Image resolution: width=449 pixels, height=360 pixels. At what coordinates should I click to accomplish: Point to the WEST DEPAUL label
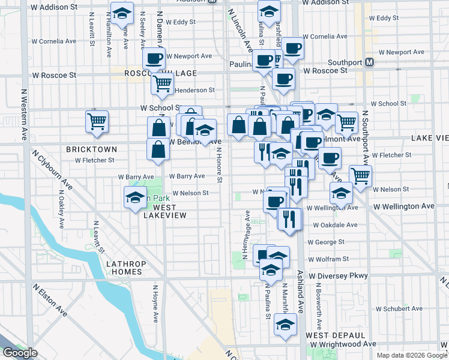(x=335, y=335)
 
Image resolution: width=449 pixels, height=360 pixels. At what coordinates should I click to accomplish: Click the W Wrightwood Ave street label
(x=348, y=344)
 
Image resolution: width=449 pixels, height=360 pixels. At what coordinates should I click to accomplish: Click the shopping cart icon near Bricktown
(x=97, y=121)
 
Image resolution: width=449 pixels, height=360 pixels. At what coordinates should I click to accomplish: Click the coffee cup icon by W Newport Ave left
(x=154, y=59)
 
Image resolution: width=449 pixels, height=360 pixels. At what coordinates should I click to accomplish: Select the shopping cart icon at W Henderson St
(x=161, y=85)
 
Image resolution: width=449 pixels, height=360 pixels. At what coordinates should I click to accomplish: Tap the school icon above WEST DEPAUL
(x=285, y=325)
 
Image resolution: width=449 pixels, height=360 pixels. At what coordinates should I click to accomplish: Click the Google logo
(x=20, y=353)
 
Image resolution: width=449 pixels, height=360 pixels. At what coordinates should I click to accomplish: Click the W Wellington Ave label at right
(x=403, y=206)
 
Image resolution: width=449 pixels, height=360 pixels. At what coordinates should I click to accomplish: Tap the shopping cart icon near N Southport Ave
(x=360, y=176)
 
